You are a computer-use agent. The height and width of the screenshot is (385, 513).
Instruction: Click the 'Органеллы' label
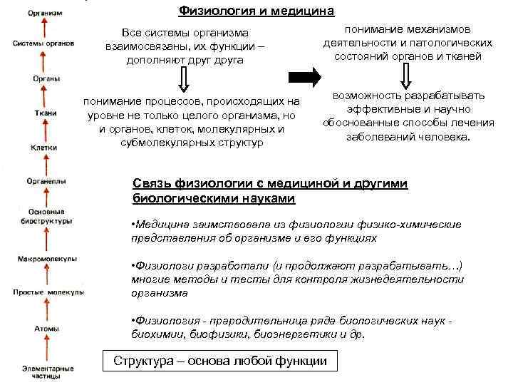click(x=45, y=182)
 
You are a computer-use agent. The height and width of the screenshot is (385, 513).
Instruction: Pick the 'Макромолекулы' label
click(x=46, y=257)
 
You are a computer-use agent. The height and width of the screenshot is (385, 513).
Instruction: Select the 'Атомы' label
click(x=46, y=328)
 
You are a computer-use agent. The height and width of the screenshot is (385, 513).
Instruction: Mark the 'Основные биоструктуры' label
click(x=46, y=216)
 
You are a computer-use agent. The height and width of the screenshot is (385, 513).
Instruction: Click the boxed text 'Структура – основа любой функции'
click(x=220, y=361)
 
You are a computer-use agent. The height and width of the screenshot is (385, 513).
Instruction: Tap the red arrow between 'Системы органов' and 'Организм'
click(x=45, y=27)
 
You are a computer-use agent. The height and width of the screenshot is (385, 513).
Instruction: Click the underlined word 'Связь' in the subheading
click(x=152, y=184)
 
